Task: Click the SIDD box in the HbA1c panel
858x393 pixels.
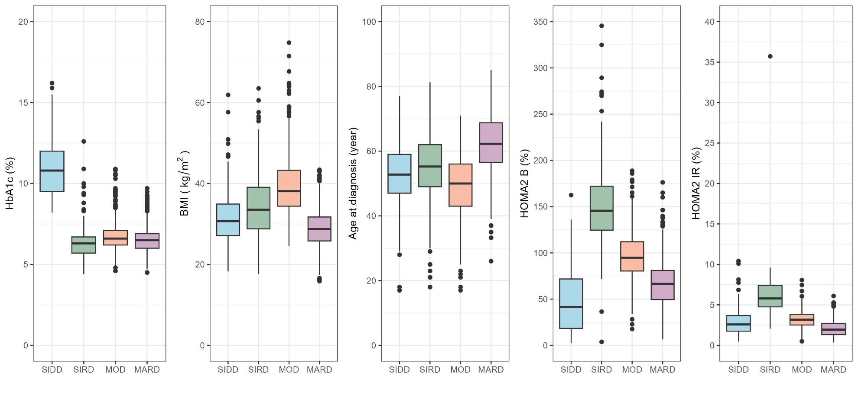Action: pyautogui.click(x=52, y=171)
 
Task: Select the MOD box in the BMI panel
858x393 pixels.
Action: pyautogui.click(x=289, y=188)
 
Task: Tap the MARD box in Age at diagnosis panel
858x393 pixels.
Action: pyautogui.click(x=491, y=142)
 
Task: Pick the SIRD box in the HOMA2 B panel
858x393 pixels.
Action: pyautogui.click(x=601, y=208)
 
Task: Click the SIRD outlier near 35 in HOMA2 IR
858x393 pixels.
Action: pyautogui.click(x=770, y=56)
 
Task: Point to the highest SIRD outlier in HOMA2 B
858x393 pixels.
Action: pyautogui.click(x=601, y=26)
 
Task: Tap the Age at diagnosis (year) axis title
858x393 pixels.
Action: pyautogui.click(x=353, y=184)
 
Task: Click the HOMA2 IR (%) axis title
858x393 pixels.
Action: pyautogui.click(x=696, y=184)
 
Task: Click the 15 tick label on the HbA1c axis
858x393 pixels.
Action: pyautogui.click(x=23, y=103)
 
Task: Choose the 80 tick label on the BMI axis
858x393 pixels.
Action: pyautogui.click(x=200, y=22)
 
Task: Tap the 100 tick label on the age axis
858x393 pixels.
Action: pyautogui.click(x=369, y=22)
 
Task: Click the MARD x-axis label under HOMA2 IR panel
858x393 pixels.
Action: pyautogui.click(x=833, y=370)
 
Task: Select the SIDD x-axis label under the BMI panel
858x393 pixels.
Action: pyautogui.click(x=228, y=370)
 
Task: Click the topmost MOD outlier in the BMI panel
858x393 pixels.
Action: pyautogui.click(x=289, y=43)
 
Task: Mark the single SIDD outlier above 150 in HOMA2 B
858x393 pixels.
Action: pyautogui.click(x=571, y=195)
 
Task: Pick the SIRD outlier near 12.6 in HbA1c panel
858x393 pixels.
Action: pyautogui.click(x=84, y=142)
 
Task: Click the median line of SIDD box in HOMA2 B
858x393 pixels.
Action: pyautogui.click(x=571, y=307)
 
